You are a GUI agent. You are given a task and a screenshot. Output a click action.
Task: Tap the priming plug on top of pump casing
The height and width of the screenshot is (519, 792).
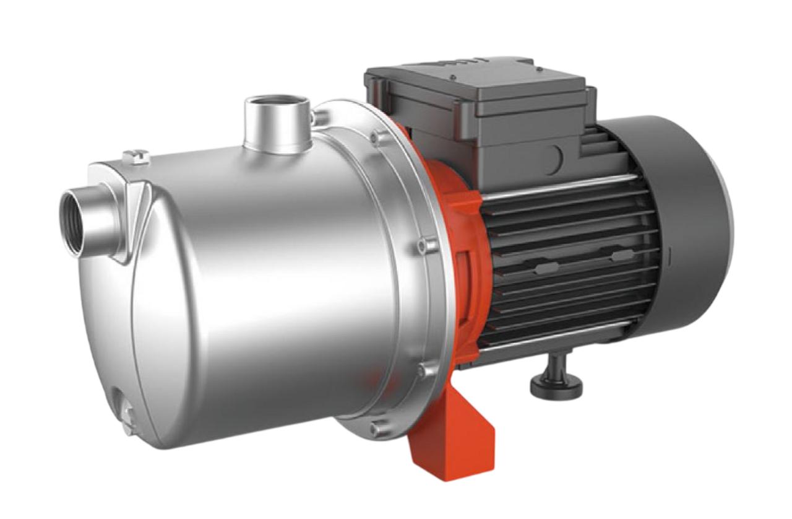137,156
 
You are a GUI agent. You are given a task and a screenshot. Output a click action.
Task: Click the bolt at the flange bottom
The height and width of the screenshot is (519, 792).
375,428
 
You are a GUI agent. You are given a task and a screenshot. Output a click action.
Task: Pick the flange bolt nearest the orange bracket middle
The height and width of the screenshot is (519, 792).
424,246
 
